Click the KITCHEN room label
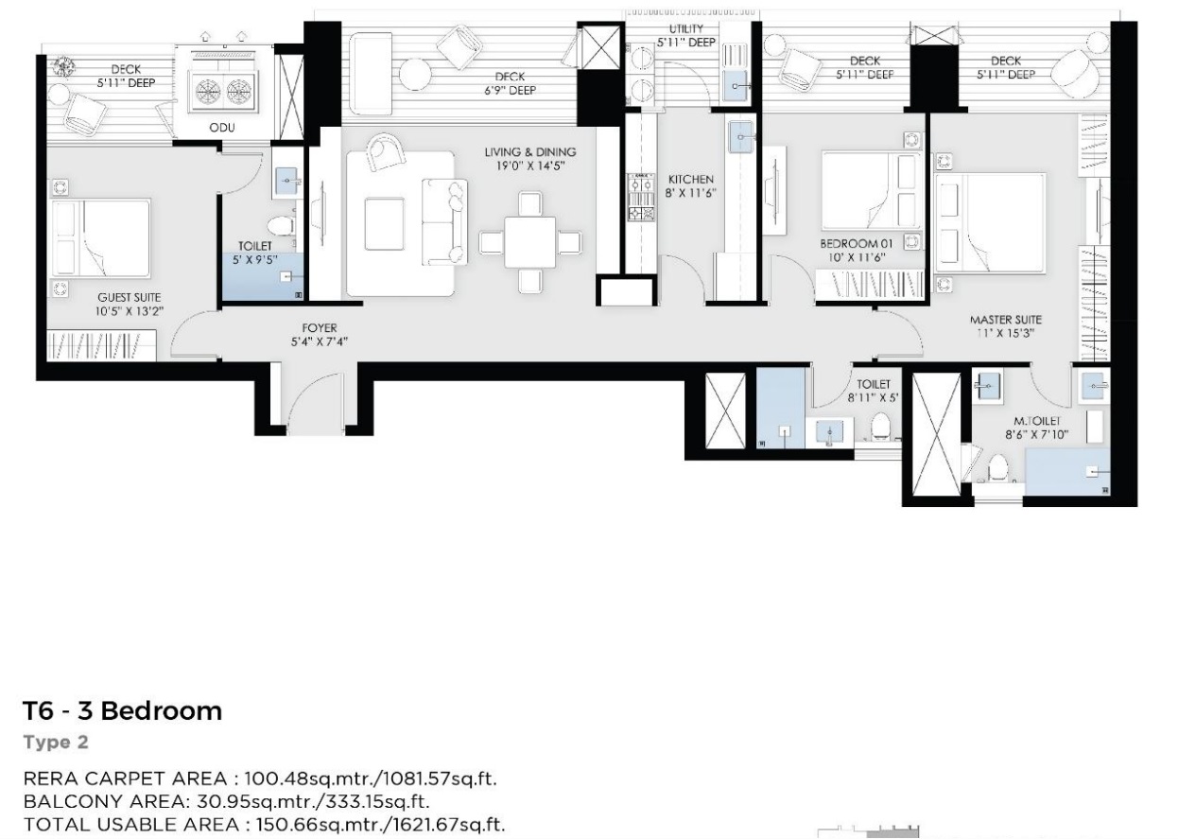(690, 180)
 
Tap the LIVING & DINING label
(530, 152)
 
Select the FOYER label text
(320, 327)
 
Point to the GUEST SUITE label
(130, 298)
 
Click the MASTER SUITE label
(1006, 320)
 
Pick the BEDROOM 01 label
(857, 244)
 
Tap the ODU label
(222, 128)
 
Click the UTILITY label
(686, 29)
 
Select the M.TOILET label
(1037, 421)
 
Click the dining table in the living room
(530, 242)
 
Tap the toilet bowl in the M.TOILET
(997, 467)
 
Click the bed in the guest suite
(101, 237)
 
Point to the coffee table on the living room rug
(385, 224)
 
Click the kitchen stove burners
(642, 199)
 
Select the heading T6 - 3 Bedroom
(123, 710)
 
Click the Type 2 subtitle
(56, 743)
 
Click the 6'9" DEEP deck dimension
(511, 91)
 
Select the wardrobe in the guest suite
(102, 345)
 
